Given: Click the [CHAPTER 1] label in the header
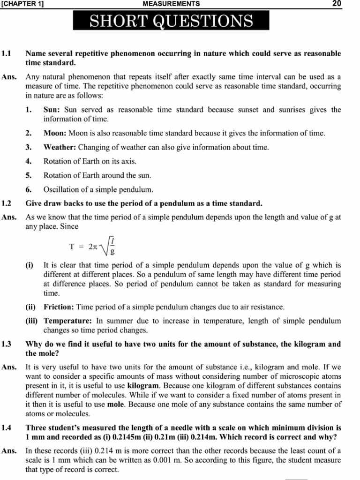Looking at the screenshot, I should (23, 4).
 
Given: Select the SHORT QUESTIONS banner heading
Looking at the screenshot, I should (171, 21).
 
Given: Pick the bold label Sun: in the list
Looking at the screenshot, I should (52, 110).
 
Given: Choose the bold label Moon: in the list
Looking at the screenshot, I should (55, 133).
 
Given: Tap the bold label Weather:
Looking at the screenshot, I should (60, 147).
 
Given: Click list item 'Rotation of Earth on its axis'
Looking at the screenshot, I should (90, 161).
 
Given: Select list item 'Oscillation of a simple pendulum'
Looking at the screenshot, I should (98, 190).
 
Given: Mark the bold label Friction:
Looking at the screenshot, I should (59, 307).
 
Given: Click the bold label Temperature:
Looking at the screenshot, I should (68, 321).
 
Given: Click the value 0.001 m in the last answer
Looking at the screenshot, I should (168, 460).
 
